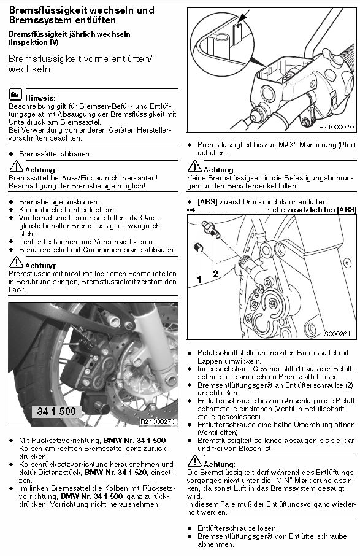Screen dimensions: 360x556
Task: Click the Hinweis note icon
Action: [15, 94]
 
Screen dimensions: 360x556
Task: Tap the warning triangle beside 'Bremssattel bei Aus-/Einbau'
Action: [16, 167]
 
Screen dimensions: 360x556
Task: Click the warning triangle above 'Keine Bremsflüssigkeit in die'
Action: [194, 167]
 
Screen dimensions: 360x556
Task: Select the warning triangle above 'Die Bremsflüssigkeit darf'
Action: [194, 461]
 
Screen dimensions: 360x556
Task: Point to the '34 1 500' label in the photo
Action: [56, 411]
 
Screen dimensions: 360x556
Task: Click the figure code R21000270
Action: [158, 422]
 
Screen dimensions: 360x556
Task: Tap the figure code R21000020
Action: [336, 127]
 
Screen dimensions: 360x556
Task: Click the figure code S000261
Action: [337, 334]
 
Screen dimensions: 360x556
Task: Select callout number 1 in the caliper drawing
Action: [199, 279]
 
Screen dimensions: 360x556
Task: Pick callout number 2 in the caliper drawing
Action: [215, 274]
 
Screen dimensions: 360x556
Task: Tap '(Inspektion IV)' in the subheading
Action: [34, 42]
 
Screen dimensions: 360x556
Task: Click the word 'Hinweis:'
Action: [40, 98]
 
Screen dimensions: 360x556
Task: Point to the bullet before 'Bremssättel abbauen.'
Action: [11, 154]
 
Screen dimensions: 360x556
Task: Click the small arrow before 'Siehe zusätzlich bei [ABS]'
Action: [191, 210]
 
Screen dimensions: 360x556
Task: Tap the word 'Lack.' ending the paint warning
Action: [17, 290]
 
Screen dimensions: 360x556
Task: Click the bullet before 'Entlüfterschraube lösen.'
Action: [190, 528]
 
